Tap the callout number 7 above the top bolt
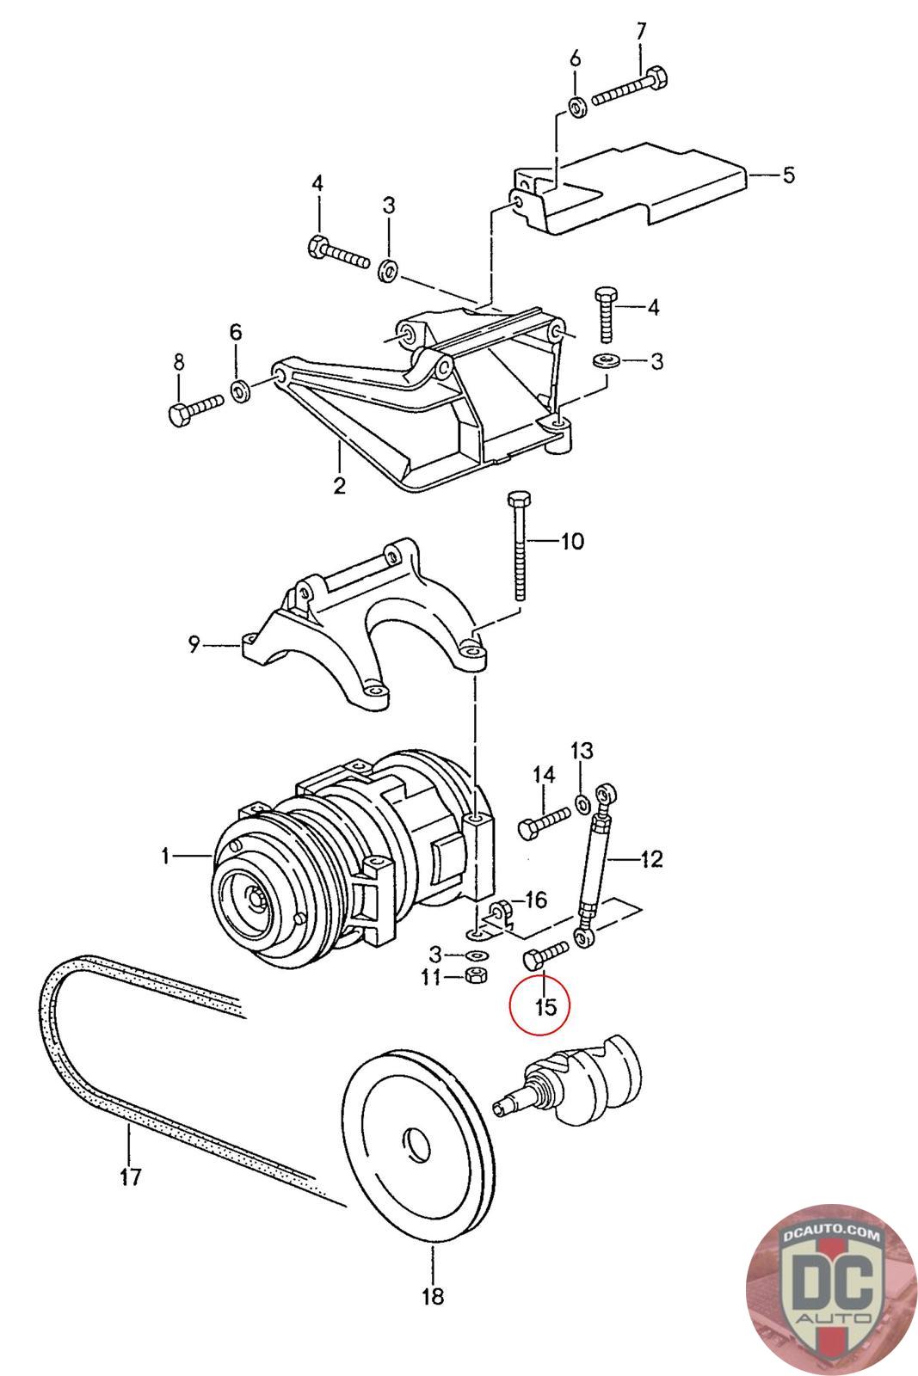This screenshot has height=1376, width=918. click(x=641, y=31)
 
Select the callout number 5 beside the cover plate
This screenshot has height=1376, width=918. click(x=788, y=175)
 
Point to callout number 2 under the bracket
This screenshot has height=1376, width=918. click(x=339, y=486)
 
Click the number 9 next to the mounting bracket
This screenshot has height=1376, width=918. click(x=194, y=645)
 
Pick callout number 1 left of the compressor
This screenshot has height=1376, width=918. click(x=165, y=856)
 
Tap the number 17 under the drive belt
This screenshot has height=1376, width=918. click(x=130, y=1177)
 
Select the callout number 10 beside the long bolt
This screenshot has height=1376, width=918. click(x=572, y=541)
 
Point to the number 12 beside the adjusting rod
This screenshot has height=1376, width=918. click(x=651, y=858)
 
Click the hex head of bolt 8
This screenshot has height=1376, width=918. click(x=177, y=416)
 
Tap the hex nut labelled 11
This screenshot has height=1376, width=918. click(x=474, y=975)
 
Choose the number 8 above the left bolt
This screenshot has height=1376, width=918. click(x=178, y=362)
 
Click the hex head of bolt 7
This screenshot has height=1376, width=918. click(x=656, y=77)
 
